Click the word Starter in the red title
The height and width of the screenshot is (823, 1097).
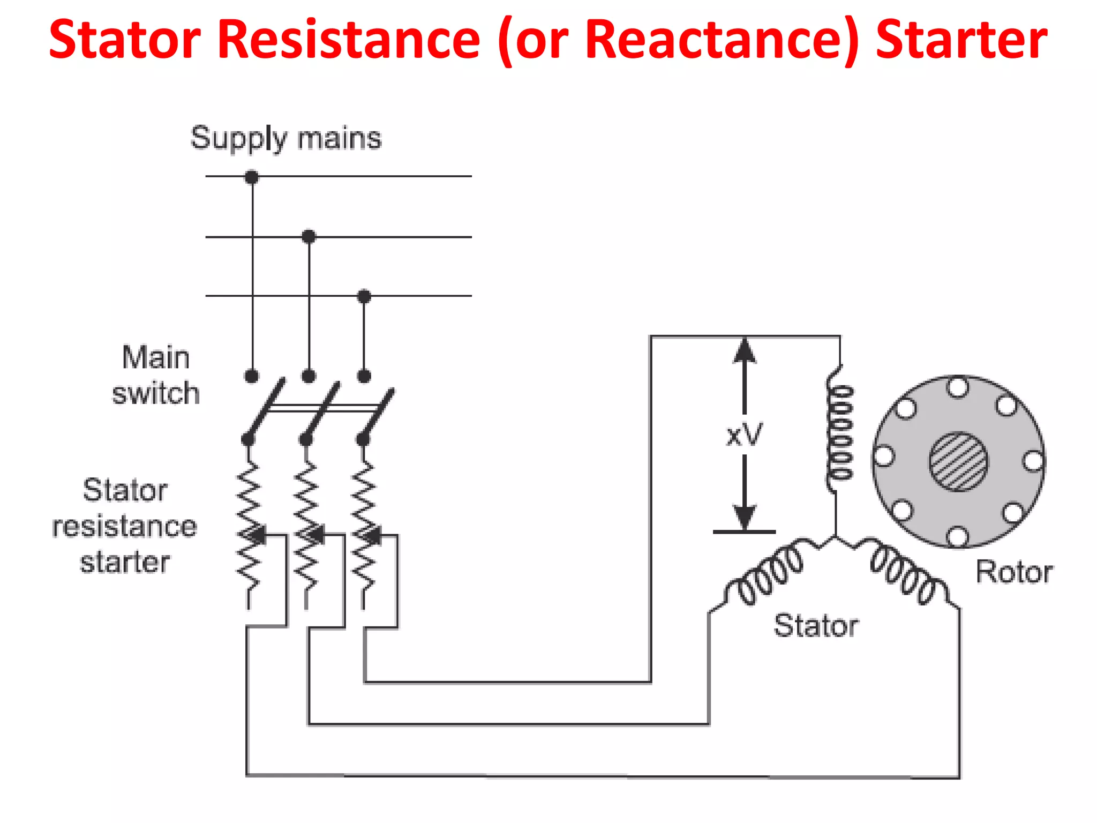click(x=961, y=40)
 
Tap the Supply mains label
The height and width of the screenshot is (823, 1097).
click(x=286, y=138)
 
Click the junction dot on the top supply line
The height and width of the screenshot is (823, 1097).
click(x=252, y=177)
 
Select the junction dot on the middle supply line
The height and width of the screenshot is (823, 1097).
click(x=309, y=236)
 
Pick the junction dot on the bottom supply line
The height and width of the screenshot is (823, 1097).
click(x=364, y=296)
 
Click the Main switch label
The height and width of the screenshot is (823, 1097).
click(x=155, y=375)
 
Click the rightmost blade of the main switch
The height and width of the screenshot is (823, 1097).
click(x=379, y=413)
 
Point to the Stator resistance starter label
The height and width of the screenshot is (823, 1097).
click(x=124, y=526)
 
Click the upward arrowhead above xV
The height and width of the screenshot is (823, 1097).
click(x=745, y=351)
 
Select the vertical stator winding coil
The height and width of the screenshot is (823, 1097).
click(x=840, y=432)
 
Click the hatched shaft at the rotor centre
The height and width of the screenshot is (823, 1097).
click(x=958, y=461)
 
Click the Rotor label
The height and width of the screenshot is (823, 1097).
click(x=1014, y=572)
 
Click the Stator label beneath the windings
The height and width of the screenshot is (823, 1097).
click(x=816, y=625)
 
